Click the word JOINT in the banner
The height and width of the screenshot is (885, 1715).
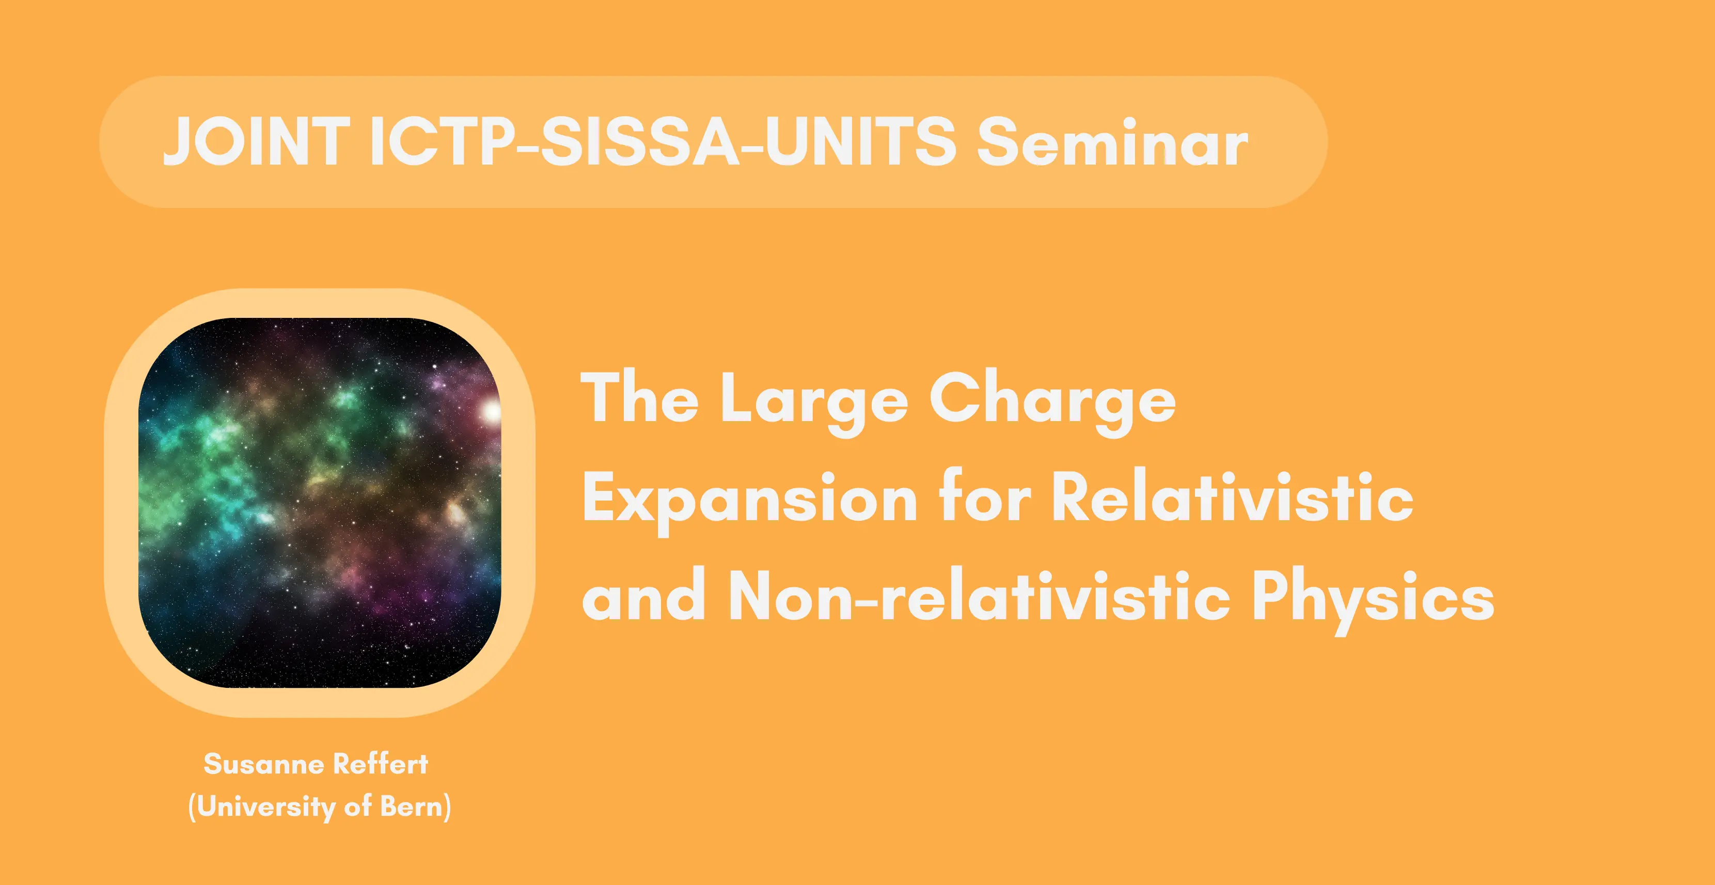click(x=256, y=141)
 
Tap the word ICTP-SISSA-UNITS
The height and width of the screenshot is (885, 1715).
click(x=663, y=141)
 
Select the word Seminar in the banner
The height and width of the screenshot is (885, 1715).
click(x=1112, y=141)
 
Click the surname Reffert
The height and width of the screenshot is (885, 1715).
click(x=380, y=764)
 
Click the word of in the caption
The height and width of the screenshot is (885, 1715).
click(x=357, y=807)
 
